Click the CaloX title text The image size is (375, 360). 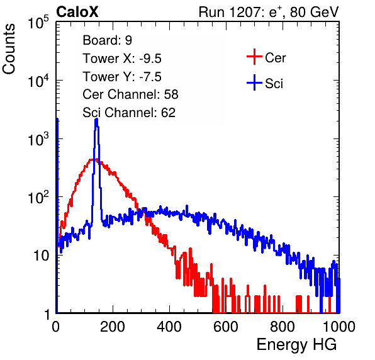pyautogui.click(x=77, y=12)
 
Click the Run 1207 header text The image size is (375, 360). pyautogui.click(x=269, y=12)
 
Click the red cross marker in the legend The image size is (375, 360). pyautogui.click(x=254, y=57)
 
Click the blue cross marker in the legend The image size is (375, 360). pyautogui.click(x=254, y=82)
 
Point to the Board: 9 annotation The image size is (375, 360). pyautogui.click(x=107, y=40)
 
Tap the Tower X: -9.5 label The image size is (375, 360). pyautogui.click(x=122, y=59)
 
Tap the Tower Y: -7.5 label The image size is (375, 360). pyautogui.click(x=122, y=77)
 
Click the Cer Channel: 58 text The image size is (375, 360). pyautogui.click(x=130, y=94)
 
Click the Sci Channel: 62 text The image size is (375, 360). pyautogui.click(x=129, y=113)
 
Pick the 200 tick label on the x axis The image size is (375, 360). pyautogui.click(x=113, y=327)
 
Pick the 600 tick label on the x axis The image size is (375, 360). pyautogui.click(x=226, y=327)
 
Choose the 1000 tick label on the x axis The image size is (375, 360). pyautogui.click(x=339, y=327)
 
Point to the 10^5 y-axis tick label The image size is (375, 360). pyautogui.click(x=38, y=23)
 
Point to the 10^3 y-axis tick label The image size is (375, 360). pyautogui.click(x=38, y=139)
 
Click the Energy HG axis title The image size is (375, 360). pyautogui.click(x=296, y=345)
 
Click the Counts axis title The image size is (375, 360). pyautogui.click(x=9, y=49)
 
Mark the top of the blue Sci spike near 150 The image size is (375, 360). pyautogui.click(x=96, y=119)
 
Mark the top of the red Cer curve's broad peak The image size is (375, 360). pyautogui.click(x=93, y=159)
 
